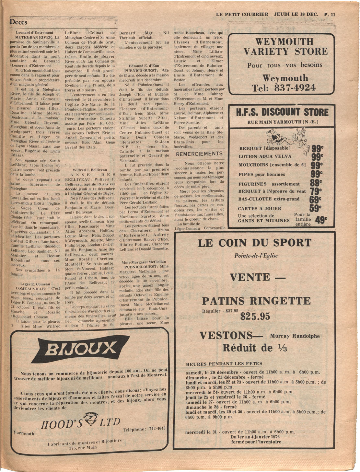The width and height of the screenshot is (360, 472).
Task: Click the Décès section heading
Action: pyautogui.click(x=18, y=22)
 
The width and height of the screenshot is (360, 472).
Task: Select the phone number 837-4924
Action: pyautogui.click(x=295, y=88)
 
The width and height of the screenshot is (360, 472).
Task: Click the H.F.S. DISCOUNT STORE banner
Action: pyautogui.click(x=282, y=112)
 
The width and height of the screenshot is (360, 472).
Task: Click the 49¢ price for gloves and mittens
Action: pyautogui.click(x=321, y=220)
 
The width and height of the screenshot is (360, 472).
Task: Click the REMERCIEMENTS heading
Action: pyautogui.click(x=199, y=154)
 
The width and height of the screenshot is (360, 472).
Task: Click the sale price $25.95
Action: pyautogui.click(x=255, y=316)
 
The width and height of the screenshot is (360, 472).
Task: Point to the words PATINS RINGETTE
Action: pyautogui.click(x=256, y=301)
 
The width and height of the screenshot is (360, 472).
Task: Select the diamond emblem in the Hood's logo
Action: pyautogui.click(x=90, y=419)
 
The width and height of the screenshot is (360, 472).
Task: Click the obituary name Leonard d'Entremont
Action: pyautogui.click(x=35, y=32)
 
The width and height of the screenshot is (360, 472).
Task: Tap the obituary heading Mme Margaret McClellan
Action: pyautogui.click(x=144, y=262)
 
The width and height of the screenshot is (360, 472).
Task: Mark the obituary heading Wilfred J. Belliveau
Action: pyautogui.click(x=89, y=170)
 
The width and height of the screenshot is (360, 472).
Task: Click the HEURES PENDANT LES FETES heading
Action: pyautogui.click(x=224, y=364)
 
